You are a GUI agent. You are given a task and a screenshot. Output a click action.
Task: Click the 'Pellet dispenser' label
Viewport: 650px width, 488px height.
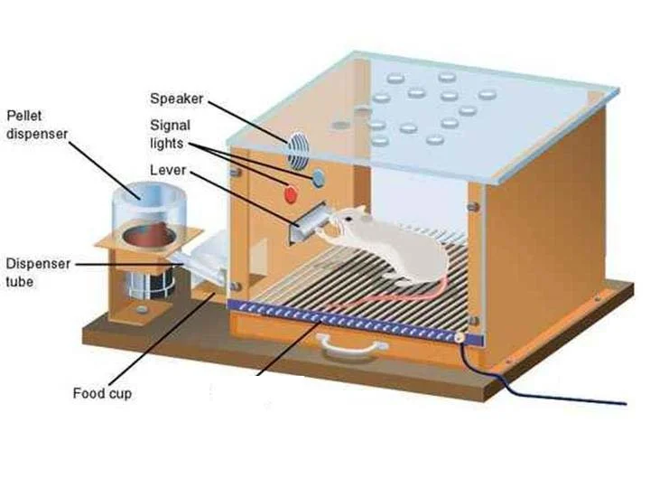pyautogui.click(x=35, y=125)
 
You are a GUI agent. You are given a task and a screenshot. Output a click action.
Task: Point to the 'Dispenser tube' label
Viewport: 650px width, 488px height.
pyautogui.click(x=35, y=272)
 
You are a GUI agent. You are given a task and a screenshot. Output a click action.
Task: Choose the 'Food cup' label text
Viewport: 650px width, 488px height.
pyautogui.click(x=102, y=394)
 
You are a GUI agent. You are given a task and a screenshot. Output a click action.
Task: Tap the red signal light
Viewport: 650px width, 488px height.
pyautogui.click(x=291, y=193)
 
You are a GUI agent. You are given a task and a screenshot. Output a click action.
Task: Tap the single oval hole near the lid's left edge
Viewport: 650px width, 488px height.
pyautogui.click(x=340, y=126)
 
